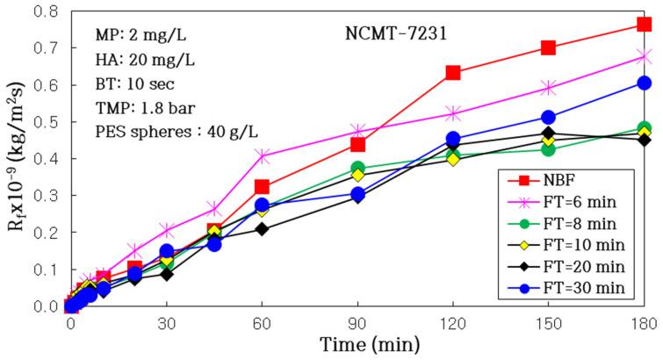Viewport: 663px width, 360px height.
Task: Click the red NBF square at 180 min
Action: (x=644, y=25)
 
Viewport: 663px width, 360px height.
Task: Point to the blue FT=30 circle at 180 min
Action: (x=644, y=83)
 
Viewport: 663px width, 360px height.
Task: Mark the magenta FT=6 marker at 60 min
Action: (x=262, y=155)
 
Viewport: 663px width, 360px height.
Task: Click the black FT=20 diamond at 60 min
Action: (x=262, y=229)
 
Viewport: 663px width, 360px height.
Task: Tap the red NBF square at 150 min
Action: (x=548, y=47)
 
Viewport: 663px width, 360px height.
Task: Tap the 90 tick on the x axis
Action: (x=357, y=322)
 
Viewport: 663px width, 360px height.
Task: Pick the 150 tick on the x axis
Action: (x=548, y=322)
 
